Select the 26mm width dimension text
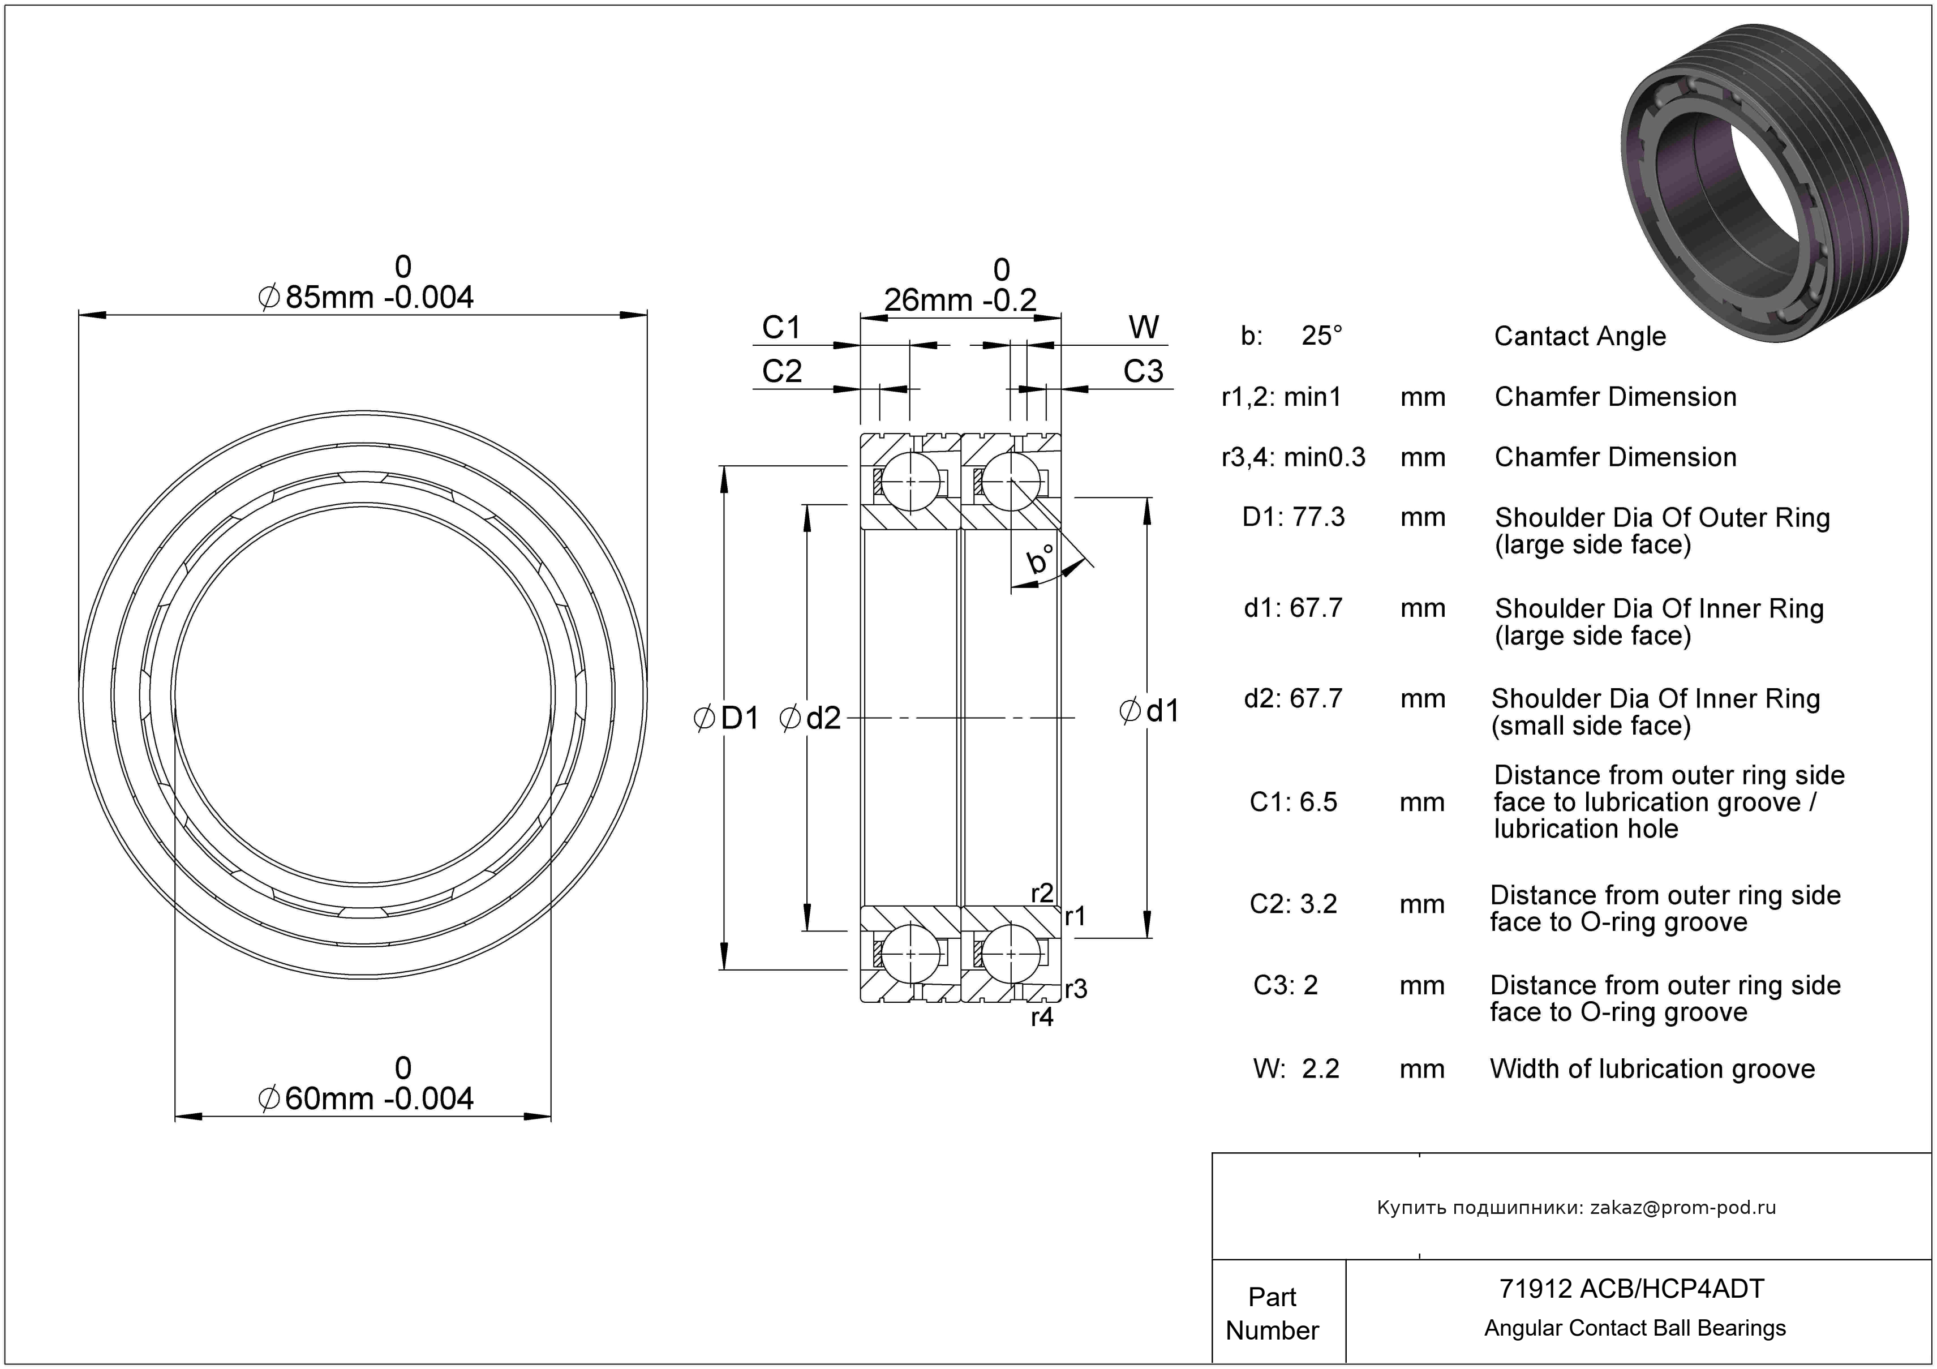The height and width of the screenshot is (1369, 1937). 960,299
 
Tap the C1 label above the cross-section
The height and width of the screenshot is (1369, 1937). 781,327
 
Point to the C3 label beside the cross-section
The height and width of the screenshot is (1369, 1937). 1143,371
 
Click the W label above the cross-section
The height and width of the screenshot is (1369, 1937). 1144,327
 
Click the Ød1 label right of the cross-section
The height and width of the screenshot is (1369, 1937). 1149,711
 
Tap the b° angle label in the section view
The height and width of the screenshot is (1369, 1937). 1040,559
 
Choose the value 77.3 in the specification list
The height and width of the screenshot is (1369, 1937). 1318,517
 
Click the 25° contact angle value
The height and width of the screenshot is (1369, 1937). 1321,336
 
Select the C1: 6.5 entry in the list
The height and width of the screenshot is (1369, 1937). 1293,801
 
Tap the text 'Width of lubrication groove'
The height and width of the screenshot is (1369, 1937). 1652,1068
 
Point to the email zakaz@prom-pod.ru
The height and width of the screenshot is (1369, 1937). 1682,1207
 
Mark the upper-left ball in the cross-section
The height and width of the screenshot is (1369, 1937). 910,482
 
